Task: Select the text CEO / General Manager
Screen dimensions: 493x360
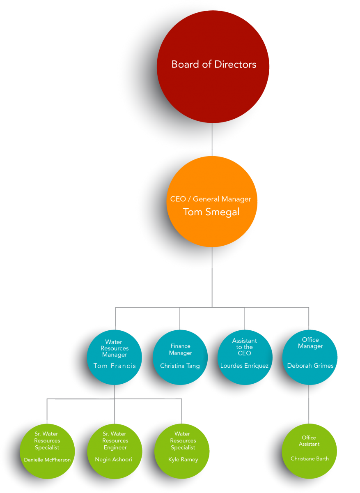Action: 211,199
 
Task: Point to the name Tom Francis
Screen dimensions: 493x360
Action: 115,366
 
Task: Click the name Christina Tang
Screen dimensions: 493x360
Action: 180,366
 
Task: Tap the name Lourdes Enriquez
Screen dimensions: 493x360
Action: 245,366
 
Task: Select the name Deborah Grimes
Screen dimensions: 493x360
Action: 310,366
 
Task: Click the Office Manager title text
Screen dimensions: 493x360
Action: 310,343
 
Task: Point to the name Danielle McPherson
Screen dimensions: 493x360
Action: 47,460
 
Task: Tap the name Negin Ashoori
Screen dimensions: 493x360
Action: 113,460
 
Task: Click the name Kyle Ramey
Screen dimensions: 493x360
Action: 183,460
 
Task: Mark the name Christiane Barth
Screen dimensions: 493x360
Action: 310,458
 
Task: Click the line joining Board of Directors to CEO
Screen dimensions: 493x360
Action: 212,140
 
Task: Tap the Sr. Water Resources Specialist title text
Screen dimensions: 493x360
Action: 47,440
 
